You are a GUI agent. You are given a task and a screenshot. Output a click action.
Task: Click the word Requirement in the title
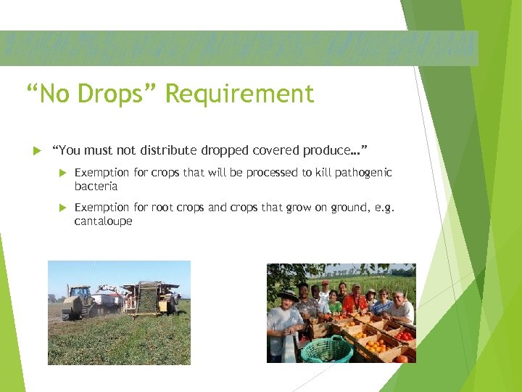pyautogui.click(x=239, y=94)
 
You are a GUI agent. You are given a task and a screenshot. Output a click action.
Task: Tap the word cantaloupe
pyautogui.click(x=103, y=221)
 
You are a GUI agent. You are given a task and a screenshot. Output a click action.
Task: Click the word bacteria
pyautogui.click(x=96, y=187)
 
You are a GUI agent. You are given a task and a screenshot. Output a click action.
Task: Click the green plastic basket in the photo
pyautogui.click(x=327, y=349)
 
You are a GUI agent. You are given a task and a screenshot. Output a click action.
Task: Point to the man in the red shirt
pyautogui.click(x=355, y=299)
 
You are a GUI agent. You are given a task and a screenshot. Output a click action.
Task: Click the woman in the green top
pyautogui.click(x=334, y=302)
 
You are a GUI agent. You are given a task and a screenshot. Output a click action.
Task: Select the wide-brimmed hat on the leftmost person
pyautogui.click(x=288, y=295)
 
